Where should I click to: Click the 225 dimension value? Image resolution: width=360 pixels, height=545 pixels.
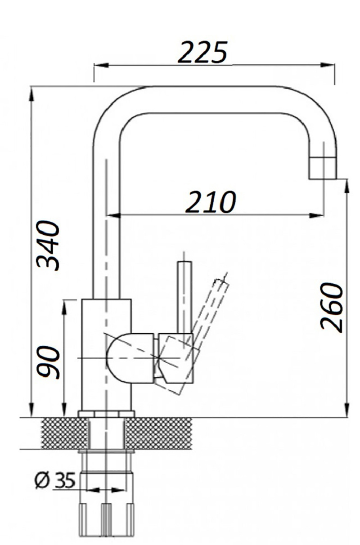[x=203, y=52]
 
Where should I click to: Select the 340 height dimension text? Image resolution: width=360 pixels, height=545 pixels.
[x=48, y=246]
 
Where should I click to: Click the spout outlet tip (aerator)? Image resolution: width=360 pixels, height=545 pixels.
[x=323, y=168]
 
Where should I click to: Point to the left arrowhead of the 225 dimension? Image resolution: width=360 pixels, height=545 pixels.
[x=101, y=65]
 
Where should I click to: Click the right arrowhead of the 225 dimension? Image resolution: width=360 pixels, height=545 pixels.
[x=328, y=65]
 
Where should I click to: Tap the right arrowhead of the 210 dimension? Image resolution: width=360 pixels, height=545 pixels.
[x=317, y=215]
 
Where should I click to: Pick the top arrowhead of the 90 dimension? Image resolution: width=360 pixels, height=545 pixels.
[x=64, y=307]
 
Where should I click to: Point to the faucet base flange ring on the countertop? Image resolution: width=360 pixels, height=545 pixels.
[x=106, y=414]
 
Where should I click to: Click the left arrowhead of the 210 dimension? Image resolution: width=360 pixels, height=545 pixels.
[x=113, y=215]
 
